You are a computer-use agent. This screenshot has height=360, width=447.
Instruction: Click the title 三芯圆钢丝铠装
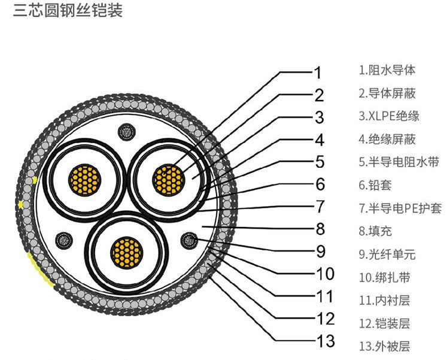click(68, 11)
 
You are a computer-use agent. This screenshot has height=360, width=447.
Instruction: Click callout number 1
click(319, 73)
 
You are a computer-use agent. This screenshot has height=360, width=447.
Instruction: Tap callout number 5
click(320, 162)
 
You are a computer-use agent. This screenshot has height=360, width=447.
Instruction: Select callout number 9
click(320, 250)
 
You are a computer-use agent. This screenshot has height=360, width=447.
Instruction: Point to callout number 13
click(326, 341)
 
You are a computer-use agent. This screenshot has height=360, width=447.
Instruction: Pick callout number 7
click(320, 207)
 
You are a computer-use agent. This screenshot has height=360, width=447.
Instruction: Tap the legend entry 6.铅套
click(379, 185)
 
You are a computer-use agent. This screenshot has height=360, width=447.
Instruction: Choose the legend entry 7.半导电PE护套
click(400, 208)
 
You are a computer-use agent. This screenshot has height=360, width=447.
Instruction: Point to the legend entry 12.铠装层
click(384, 323)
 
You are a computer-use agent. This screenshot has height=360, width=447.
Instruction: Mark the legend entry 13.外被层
click(384, 346)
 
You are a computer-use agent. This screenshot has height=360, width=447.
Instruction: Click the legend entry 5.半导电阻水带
click(399, 162)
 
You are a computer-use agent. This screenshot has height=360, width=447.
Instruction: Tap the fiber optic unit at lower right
click(190, 240)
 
